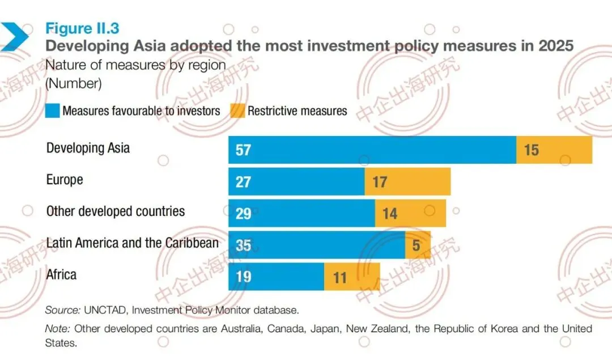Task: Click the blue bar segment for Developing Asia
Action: click(372, 150)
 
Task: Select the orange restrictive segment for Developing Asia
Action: click(554, 150)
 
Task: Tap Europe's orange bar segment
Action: click(407, 181)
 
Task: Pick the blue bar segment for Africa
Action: click(277, 277)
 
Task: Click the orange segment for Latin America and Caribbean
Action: click(418, 245)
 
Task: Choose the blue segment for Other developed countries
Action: click(301, 213)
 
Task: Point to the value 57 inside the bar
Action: click(243, 150)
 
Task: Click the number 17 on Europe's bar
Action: click(380, 182)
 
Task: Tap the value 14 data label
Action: click(390, 214)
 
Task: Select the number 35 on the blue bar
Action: click(243, 245)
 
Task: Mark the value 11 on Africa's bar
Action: click(340, 278)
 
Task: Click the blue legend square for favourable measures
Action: click(52, 111)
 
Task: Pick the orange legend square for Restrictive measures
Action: click(237, 111)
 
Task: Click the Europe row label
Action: click(65, 180)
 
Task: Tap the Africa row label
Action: click(61, 274)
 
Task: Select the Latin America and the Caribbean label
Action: click(132, 243)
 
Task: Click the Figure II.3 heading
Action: click(82, 28)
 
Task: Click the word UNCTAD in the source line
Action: click(105, 310)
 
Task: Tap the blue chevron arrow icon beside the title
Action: click(14, 37)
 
